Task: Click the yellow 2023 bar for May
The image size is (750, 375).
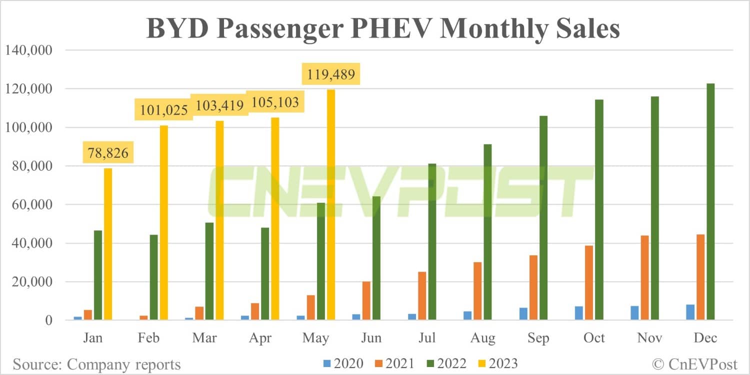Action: [x=331, y=205]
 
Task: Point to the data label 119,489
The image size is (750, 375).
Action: [x=329, y=75]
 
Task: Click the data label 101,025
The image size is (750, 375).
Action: [x=163, y=109]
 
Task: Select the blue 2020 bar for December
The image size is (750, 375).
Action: [x=690, y=312]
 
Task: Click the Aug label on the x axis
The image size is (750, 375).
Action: [x=483, y=338]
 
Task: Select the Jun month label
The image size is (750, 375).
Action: [x=371, y=338]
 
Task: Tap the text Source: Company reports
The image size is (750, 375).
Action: [x=97, y=364]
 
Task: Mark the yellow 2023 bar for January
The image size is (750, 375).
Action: [x=108, y=244]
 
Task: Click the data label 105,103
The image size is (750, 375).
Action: [x=275, y=103]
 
